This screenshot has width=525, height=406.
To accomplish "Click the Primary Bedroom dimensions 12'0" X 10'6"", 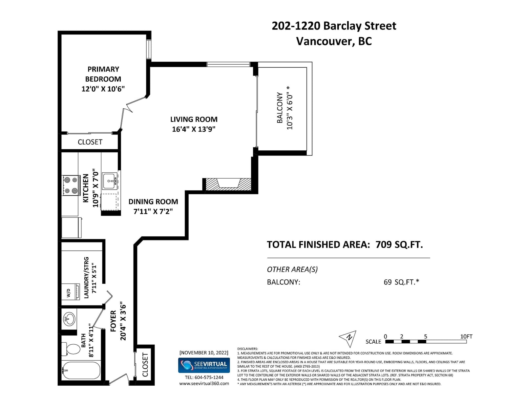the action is pyautogui.click(x=103, y=89).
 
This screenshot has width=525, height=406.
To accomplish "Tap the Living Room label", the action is pyautogui.click(x=194, y=119).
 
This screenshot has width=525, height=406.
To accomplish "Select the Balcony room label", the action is pyautogui.click(x=280, y=108).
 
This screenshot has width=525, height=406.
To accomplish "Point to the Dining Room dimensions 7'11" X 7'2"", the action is pyautogui.click(x=153, y=211).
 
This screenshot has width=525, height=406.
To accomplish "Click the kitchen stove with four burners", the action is pyautogui.click(x=71, y=185).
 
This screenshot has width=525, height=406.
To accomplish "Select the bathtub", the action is pyautogui.click(x=81, y=371).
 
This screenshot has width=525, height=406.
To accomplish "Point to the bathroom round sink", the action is pyautogui.click(x=69, y=319).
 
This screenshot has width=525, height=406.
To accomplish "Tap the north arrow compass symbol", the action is pyautogui.click(x=348, y=338).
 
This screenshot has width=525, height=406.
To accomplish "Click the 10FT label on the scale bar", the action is pyautogui.click(x=466, y=336).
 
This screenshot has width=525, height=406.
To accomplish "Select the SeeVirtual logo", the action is pyautogui.click(x=204, y=365).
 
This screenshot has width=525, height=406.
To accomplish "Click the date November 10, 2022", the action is pyautogui.click(x=204, y=353).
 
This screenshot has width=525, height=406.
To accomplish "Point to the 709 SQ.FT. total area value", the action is pyautogui.click(x=399, y=245).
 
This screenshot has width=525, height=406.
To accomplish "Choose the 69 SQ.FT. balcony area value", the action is pyautogui.click(x=401, y=282).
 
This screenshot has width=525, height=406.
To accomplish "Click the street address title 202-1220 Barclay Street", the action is pyautogui.click(x=334, y=26).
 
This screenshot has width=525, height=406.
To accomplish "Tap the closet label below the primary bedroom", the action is pyautogui.click(x=90, y=142).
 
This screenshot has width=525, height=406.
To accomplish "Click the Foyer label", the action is pyautogui.click(x=113, y=321).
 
